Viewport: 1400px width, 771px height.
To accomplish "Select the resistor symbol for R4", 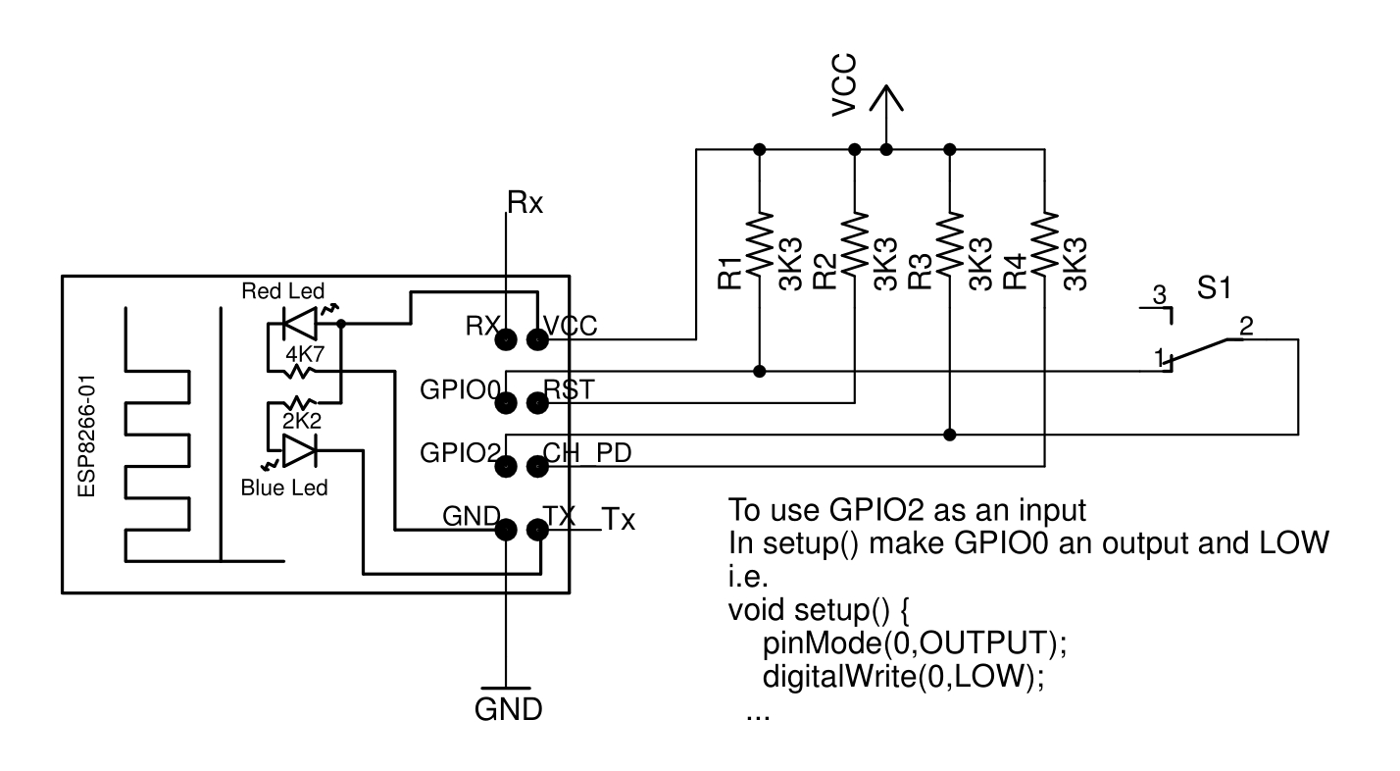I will point(1044,245).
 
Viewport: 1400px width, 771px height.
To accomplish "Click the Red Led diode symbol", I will point(298,321).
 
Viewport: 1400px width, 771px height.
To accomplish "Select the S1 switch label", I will point(1215,290).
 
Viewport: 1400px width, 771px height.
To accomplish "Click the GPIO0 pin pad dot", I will point(507,403).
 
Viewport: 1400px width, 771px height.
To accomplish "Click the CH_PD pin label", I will point(587,454).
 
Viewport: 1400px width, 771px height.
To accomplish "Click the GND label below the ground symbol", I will point(508,709).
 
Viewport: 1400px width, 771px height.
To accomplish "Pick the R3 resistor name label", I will point(920,272).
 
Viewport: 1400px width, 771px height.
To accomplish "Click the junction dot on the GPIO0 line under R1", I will point(760,372).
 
